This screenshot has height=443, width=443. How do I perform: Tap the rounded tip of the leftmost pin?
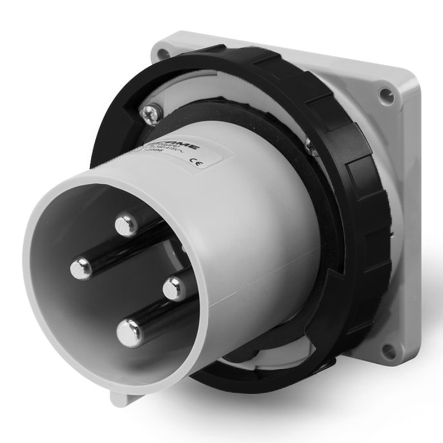81,269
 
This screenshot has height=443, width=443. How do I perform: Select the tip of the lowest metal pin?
128,333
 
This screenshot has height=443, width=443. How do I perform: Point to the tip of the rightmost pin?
174,287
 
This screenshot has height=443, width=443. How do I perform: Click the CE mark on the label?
195,162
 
